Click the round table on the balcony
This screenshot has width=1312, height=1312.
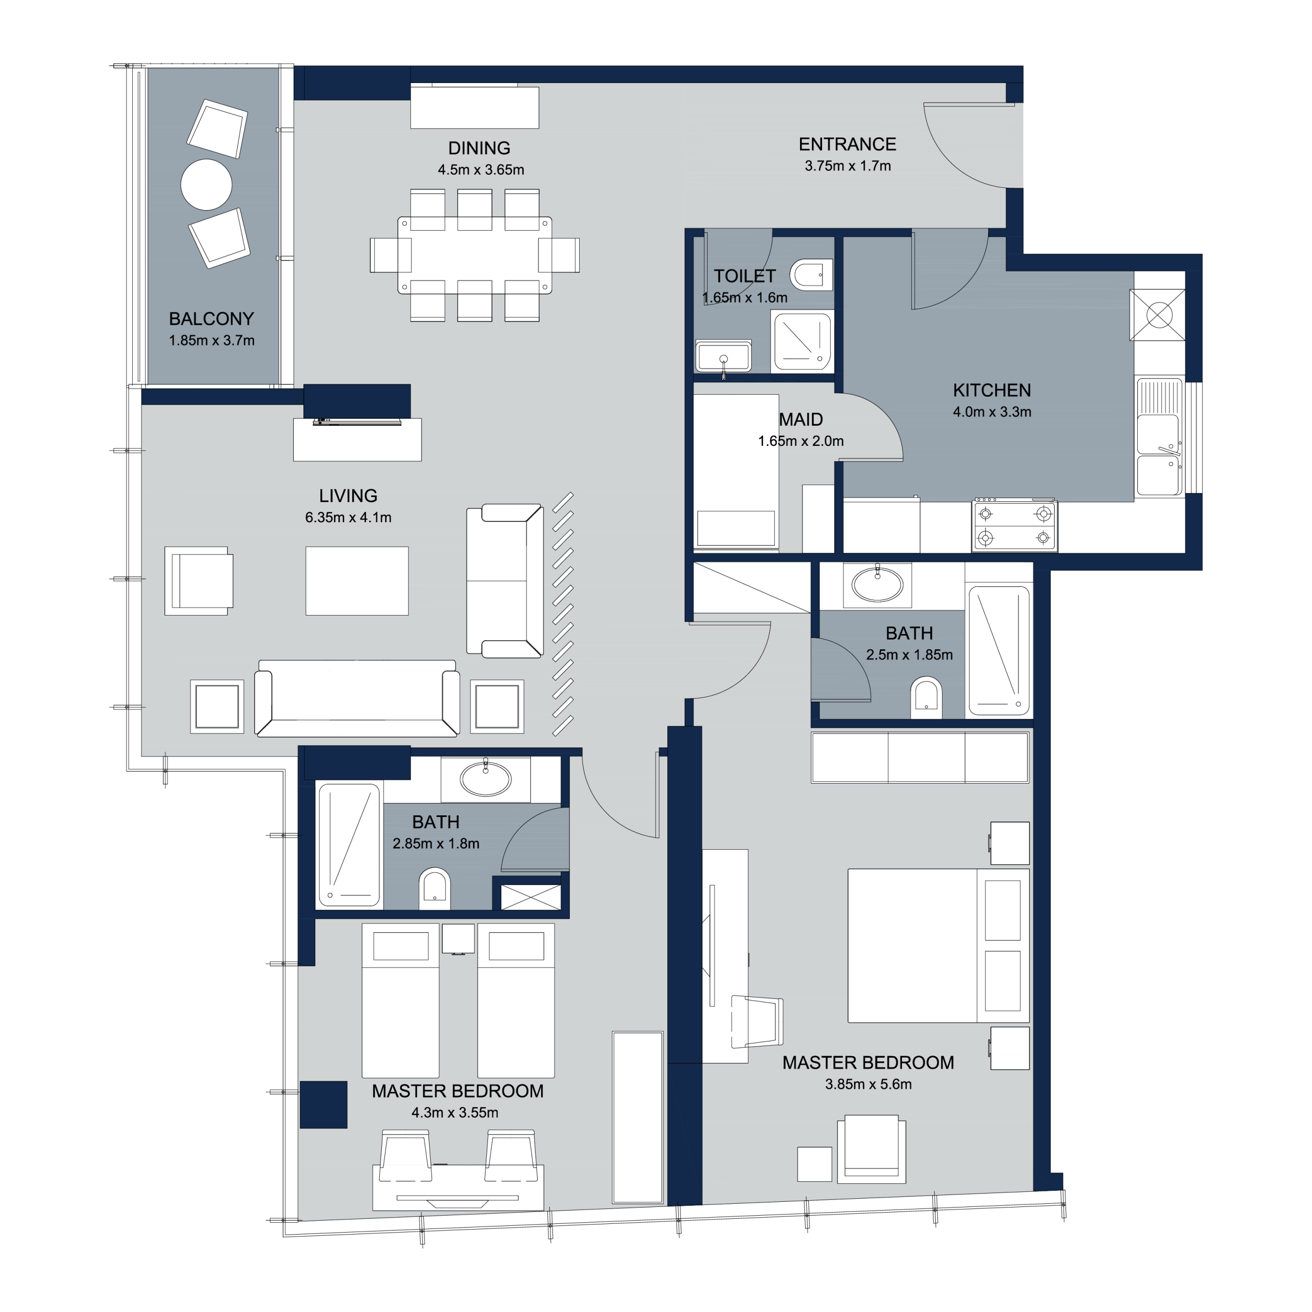[207, 184]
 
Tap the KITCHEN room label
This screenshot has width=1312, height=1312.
[992, 391]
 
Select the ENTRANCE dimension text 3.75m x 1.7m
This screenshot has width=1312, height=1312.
[848, 166]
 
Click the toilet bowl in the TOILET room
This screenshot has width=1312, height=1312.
[811, 275]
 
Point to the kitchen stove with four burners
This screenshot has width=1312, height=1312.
[1015, 524]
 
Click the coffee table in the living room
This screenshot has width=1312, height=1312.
[357, 581]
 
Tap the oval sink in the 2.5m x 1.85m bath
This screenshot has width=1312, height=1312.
[877, 584]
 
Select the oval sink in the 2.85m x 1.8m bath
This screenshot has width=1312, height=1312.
[485, 778]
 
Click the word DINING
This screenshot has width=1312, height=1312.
[479, 148]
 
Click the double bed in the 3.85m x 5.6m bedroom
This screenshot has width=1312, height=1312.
[938, 945]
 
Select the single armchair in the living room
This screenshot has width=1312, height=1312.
[199, 581]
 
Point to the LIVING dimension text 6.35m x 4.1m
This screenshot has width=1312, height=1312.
[348, 518]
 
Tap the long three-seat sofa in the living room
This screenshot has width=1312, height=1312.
[357, 698]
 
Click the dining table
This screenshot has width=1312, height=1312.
[475, 255]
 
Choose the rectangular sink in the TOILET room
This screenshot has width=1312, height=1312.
[723, 356]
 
